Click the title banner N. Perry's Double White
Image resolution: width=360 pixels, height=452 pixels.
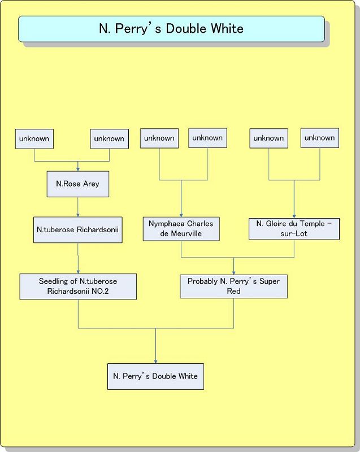[171, 28]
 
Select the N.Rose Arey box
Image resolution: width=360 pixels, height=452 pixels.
[77, 184]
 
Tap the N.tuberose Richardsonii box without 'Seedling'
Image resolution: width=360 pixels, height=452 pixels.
[77, 230]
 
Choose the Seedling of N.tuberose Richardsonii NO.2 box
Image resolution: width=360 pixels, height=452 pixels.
[78, 286]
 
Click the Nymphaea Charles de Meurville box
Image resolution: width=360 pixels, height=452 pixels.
[181, 229]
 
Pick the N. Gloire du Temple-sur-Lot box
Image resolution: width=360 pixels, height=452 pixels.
[294, 229]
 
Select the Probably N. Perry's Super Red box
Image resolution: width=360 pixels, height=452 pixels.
[233, 286]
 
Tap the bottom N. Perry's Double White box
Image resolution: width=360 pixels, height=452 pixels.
[155, 376]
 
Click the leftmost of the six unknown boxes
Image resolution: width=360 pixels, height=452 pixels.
[34, 138]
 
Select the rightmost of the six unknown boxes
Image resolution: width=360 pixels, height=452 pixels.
[319, 138]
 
